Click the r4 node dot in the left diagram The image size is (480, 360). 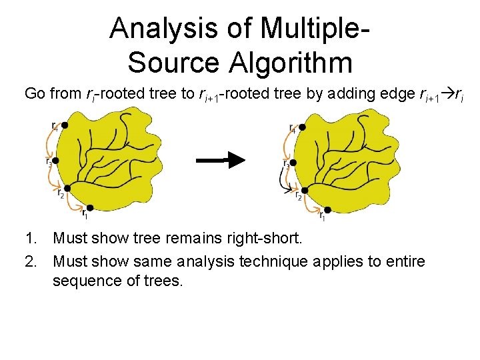click(65, 125)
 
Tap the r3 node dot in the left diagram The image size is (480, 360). click(56, 161)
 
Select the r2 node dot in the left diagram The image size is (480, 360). click(67, 189)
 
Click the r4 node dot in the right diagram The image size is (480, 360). click(302, 127)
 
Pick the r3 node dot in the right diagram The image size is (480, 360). click(294, 162)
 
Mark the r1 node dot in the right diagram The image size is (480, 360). click(327, 209)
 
